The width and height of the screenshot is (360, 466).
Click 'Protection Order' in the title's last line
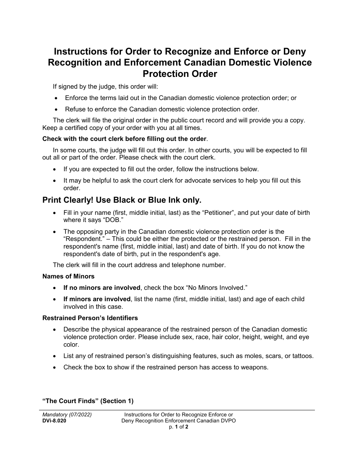[180, 74]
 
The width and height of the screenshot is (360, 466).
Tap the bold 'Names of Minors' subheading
[68, 276]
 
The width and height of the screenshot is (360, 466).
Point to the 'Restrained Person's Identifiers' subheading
[90, 318]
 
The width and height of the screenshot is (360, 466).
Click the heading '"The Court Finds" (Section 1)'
[88, 401]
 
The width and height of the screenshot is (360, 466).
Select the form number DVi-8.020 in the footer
[54, 421]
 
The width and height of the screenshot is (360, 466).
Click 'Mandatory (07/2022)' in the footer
[67, 414]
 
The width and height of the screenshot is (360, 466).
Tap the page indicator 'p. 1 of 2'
[178, 427]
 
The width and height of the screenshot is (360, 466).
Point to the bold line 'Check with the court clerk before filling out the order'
[124, 139]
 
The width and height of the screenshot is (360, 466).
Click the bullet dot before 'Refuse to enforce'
[56, 109]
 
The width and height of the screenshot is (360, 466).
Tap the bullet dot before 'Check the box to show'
[56, 367]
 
